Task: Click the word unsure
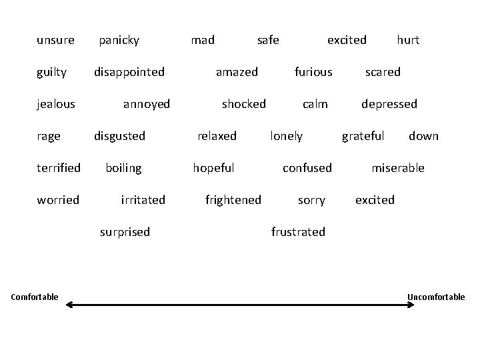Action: coord(55,40)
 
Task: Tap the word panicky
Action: coord(119,41)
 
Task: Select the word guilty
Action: coord(51,72)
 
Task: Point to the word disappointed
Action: coord(129,72)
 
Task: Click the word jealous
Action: coord(56,104)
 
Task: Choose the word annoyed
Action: coord(147,104)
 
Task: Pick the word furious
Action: coord(313,72)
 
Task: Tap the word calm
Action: coord(315,104)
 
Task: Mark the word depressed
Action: coord(389,104)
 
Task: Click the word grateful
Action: coord(363,136)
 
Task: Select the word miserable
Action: coord(397,168)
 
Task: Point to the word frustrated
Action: coord(298,232)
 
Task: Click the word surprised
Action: coord(125,232)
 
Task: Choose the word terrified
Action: coord(59,168)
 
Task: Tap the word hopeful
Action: coord(213,168)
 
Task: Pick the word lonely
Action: coord(286,136)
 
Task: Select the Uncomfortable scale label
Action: coord(436,297)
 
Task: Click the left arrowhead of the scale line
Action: coord(71,305)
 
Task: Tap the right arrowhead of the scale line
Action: coord(411,305)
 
